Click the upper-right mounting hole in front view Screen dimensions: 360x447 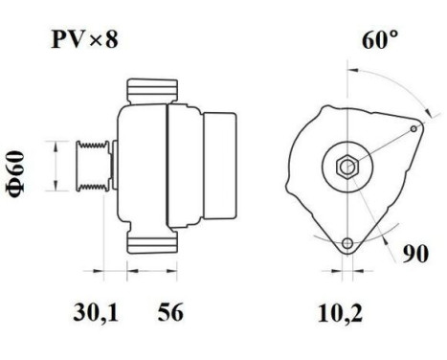[x=413, y=127]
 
